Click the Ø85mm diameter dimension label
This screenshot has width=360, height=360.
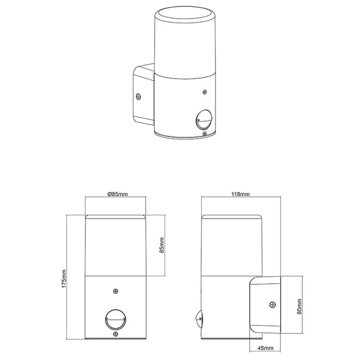click(x=117, y=194)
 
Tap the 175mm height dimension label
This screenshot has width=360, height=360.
click(x=64, y=279)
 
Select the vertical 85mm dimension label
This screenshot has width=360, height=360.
click(x=162, y=245)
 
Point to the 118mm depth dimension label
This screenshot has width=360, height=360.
click(x=240, y=194)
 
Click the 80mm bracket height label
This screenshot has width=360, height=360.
click(x=299, y=306)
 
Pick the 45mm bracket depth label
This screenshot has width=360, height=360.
click(x=265, y=348)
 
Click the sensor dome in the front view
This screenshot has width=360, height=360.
click(x=116, y=319)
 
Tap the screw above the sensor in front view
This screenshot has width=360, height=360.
click(x=116, y=291)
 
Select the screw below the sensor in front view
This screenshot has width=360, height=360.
click(x=116, y=334)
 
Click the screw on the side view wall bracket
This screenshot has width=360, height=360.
click(x=273, y=305)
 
